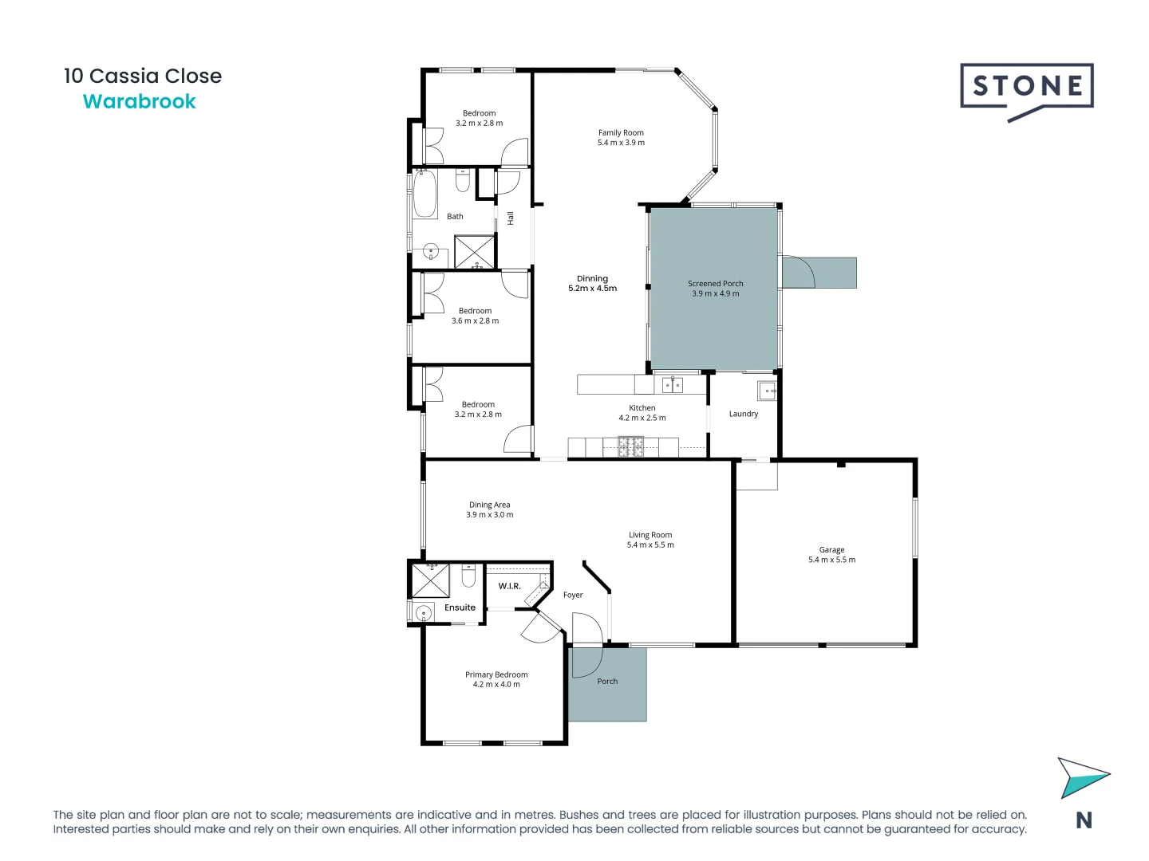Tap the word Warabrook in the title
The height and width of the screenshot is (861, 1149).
coord(140,102)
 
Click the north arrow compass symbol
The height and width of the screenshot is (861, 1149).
coord(1082,777)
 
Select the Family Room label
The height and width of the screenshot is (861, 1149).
coord(621,133)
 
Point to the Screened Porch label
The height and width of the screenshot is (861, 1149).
coord(715,284)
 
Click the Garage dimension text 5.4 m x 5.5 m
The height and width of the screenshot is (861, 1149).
coord(831,560)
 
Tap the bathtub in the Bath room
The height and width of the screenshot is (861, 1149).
coord(424,194)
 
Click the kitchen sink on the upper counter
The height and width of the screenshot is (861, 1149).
coord(673,386)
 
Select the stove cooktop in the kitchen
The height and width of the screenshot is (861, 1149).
coord(630,446)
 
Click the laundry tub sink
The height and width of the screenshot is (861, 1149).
coord(767,391)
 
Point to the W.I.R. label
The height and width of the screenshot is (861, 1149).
coord(509,586)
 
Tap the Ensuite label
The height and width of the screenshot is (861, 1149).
coord(460,607)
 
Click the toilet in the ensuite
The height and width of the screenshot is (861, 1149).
coord(468,575)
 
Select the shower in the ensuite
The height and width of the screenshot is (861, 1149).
coord(430,580)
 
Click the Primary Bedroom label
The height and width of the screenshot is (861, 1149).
coord(496,674)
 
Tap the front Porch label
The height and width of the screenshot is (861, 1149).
coord(607,682)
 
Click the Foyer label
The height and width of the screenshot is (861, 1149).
coord(573,595)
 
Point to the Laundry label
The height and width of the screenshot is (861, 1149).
coord(743,414)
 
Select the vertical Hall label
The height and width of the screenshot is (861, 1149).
coord(511,218)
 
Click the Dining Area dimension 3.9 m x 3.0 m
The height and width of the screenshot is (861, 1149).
coord(490,515)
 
